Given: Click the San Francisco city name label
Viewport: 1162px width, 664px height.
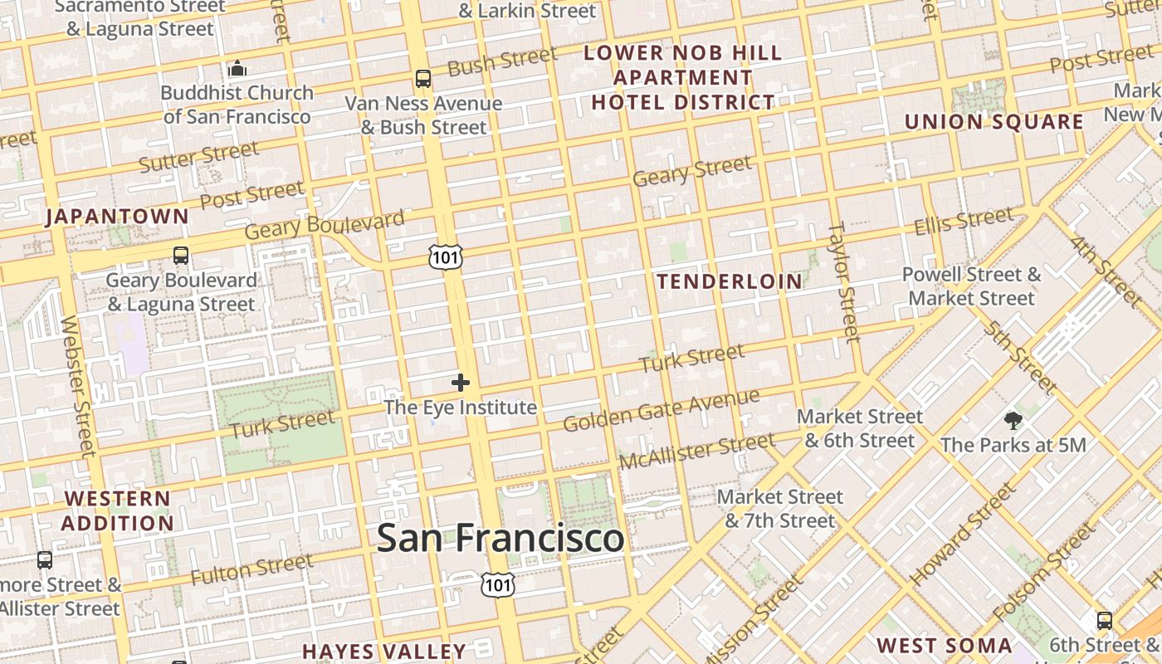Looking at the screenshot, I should pyautogui.click(x=500, y=538).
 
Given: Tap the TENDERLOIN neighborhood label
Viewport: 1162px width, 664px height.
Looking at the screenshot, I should pyautogui.click(x=730, y=281).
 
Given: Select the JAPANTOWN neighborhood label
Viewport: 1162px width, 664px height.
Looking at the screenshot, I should pyautogui.click(x=117, y=217).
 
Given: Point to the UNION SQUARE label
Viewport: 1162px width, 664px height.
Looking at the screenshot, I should pyautogui.click(x=994, y=122).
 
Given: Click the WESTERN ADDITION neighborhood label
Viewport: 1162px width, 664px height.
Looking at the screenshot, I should pyautogui.click(x=117, y=511).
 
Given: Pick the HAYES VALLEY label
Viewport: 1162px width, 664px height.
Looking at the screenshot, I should pyautogui.click(x=384, y=652).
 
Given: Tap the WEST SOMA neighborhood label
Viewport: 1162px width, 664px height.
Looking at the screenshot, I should pyautogui.click(x=944, y=646).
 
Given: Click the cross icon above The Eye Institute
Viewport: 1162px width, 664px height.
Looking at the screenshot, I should pyautogui.click(x=461, y=383).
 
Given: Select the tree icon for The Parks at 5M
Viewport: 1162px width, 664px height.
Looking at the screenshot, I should pyautogui.click(x=1013, y=421).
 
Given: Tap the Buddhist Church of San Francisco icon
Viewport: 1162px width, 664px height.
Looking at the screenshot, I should pyautogui.click(x=237, y=68).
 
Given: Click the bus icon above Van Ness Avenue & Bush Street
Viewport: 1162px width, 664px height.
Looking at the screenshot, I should pyautogui.click(x=423, y=79).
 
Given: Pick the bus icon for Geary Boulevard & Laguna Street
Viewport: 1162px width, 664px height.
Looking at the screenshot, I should pyautogui.click(x=181, y=256).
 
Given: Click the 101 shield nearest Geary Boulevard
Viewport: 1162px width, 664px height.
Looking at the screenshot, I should pyautogui.click(x=445, y=257).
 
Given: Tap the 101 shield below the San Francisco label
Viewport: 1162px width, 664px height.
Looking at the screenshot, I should pyautogui.click(x=498, y=584).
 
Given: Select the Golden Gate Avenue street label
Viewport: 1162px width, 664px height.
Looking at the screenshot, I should pyautogui.click(x=661, y=410).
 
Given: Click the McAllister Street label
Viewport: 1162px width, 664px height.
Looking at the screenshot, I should pyautogui.click(x=696, y=451).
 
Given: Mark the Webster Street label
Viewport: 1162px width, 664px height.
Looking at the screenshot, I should pyautogui.click(x=77, y=386).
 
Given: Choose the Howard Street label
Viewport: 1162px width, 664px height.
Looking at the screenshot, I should pyautogui.click(x=962, y=534).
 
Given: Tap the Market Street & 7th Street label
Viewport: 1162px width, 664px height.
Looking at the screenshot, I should pyautogui.click(x=779, y=509).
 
